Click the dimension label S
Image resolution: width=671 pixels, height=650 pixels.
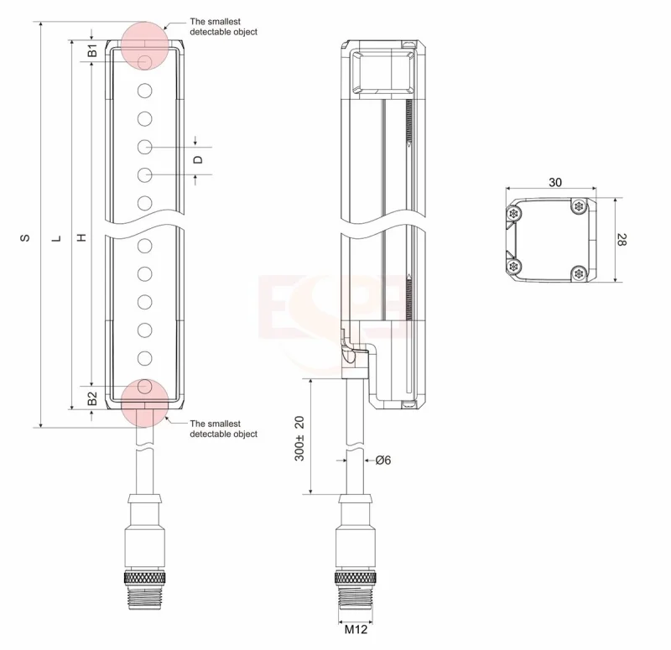click(x=26, y=237)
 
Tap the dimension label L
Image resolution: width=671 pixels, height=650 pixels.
click(x=56, y=239)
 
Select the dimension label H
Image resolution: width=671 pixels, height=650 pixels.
click(x=81, y=237)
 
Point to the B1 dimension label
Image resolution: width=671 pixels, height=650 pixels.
click(x=92, y=50)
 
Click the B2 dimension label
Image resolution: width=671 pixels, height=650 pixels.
click(x=92, y=398)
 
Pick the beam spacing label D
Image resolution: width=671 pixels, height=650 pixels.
click(x=198, y=160)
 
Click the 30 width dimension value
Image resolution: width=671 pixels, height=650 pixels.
click(x=555, y=182)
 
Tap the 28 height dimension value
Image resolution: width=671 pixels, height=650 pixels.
click(x=622, y=240)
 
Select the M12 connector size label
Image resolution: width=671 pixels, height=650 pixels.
click(x=356, y=630)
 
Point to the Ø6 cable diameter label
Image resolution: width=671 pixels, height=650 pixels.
click(x=383, y=460)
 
